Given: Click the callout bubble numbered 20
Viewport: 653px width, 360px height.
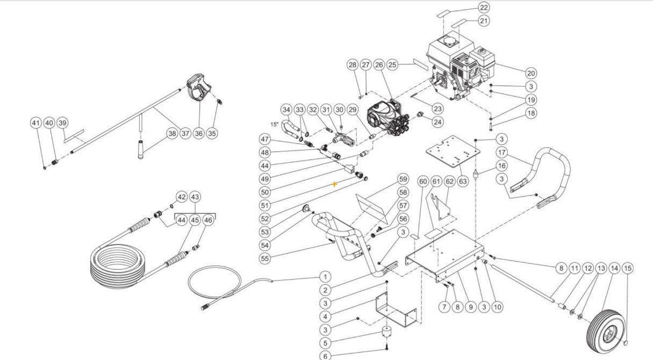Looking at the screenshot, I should click(530, 73).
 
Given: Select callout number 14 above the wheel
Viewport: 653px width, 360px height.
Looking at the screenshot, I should click(614, 268).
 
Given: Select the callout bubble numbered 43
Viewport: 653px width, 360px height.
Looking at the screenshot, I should click(195, 197).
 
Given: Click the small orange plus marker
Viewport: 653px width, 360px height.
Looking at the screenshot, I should click(334, 184).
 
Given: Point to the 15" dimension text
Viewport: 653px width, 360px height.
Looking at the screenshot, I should click(275, 125).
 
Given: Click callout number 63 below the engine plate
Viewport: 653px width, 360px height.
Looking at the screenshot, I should click(463, 181).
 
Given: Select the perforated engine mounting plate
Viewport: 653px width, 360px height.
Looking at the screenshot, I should click(453, 152).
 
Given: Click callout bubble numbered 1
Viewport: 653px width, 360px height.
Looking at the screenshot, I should click(325, 277).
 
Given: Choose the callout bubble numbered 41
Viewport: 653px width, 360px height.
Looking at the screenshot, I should click(35, 123).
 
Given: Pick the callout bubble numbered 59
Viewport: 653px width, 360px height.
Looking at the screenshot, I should click(403, 179).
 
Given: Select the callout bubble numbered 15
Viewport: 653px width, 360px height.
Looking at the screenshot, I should click(628, 268).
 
